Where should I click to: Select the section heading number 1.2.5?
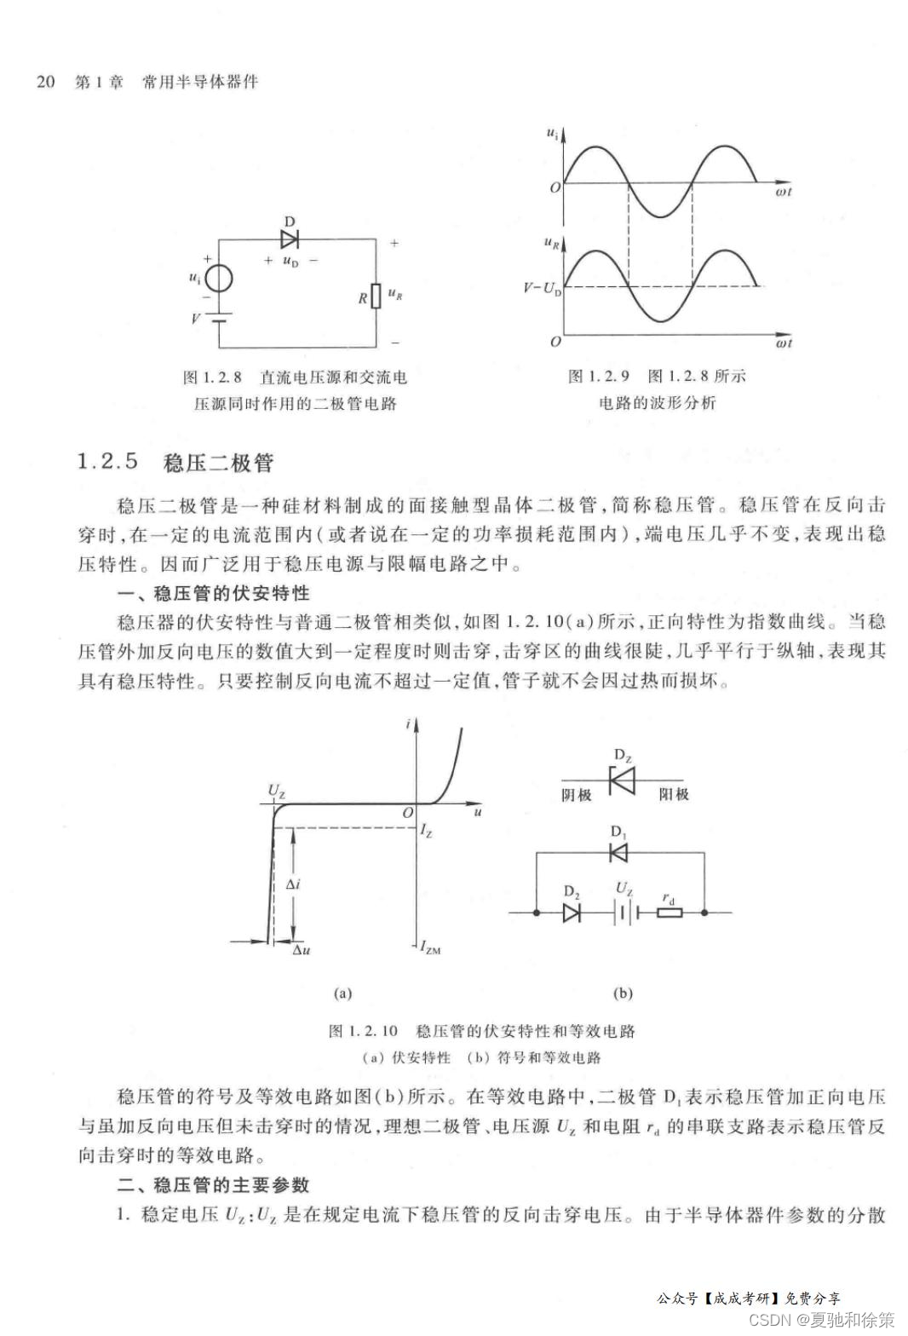click(x=107, y=462)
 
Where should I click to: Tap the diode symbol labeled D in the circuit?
click(x=290, y=239)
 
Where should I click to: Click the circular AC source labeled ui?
click(x=219, y=279)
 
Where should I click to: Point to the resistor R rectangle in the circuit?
click(x=376, y=296)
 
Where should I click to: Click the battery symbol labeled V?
click(x=219, y=319)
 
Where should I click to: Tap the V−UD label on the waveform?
click(x=543, y=289)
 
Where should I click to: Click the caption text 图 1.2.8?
click(x=212, y=377)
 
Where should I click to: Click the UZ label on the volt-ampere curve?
click(x=277, y=791)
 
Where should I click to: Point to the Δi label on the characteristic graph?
click(x=292, y=884)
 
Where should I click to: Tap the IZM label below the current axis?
click(x=430, y=947)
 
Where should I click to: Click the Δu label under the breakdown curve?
click(x=301, y=949)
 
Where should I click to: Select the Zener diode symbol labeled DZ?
click(x=623, y=780)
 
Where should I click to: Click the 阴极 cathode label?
click(x=577, y=795)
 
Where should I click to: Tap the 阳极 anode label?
click(x=674, y=795)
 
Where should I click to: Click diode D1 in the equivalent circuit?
click(x=619, y=851)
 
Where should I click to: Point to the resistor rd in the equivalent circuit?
click(x=670, y=913)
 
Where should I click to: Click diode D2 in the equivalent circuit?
click(x=572, y=913)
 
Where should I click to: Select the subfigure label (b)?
click(x=623, y=993)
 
